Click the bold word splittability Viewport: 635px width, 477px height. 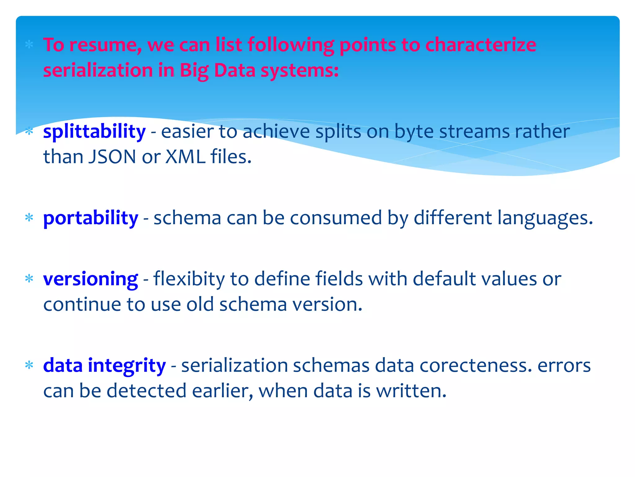(x=94, y=132)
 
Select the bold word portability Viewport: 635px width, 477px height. (x=91, y=218)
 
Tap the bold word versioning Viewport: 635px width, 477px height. (x=91, y=279)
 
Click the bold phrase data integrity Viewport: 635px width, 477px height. (x=104, y=365)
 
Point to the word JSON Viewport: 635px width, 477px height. (x=112, y=157)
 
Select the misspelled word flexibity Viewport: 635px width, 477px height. (x=189, y=279)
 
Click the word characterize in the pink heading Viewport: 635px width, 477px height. (x=481, y=45)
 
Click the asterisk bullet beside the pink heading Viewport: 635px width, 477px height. (x=29, y=45)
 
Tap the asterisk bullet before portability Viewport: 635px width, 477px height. (x=29, y=218)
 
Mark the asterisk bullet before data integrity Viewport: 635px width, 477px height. (x=29, y=366)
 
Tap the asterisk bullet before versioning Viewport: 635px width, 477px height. (x=29, y=279)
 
